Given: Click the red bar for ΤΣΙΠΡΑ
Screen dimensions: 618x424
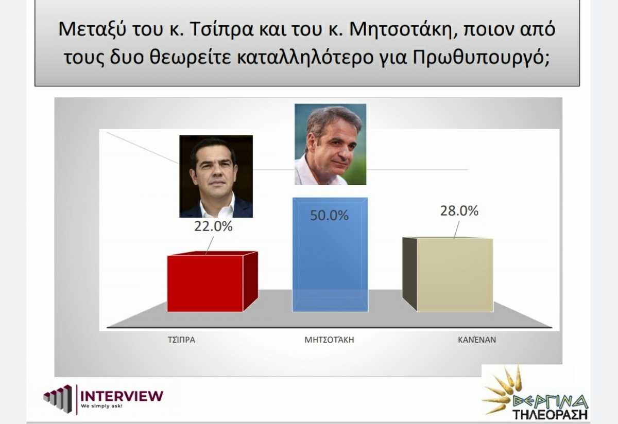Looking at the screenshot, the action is coord(212,282).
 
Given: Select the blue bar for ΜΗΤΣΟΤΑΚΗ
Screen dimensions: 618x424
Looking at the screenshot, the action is coord(330,255).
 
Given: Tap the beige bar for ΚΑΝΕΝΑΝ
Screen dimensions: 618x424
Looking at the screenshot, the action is coord(448,275).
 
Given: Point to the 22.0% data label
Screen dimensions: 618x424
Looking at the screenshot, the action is coord(213,226).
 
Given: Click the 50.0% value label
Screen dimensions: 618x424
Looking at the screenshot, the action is coord(329,215).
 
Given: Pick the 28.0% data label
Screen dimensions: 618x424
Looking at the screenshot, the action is coord(459,211).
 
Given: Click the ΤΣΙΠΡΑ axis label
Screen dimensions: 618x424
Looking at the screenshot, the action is coord(181,340).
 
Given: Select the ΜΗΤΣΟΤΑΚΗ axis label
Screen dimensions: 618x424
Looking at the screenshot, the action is coord(329,340).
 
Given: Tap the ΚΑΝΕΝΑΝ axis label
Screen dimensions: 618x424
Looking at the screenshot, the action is coord(477,340).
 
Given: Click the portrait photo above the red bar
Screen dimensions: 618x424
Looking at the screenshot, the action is coord(216,176).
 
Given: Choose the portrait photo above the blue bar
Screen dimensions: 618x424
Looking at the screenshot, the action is coord(331,144).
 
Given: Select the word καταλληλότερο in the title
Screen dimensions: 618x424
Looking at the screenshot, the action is coord(305,58).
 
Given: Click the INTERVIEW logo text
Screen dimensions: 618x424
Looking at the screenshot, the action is coord(122,396).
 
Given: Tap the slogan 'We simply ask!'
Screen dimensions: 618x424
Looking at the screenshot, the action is coord(101,406).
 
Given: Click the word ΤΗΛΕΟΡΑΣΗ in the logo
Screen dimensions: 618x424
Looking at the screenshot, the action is coord(550,414).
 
